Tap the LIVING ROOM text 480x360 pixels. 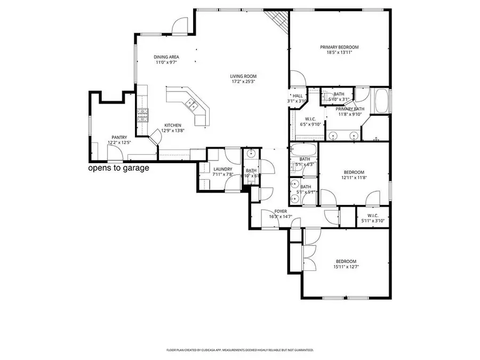(243, 76)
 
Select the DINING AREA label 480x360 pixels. (166, 57)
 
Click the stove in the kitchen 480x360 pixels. (143, 115)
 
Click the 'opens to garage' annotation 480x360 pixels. (118, 168)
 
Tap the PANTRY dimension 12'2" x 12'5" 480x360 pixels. (119, 142)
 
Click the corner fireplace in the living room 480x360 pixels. (278, 20)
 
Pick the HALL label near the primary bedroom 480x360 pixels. (298, 95)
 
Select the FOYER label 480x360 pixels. (281, 211)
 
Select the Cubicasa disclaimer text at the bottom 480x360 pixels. (240, 350)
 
